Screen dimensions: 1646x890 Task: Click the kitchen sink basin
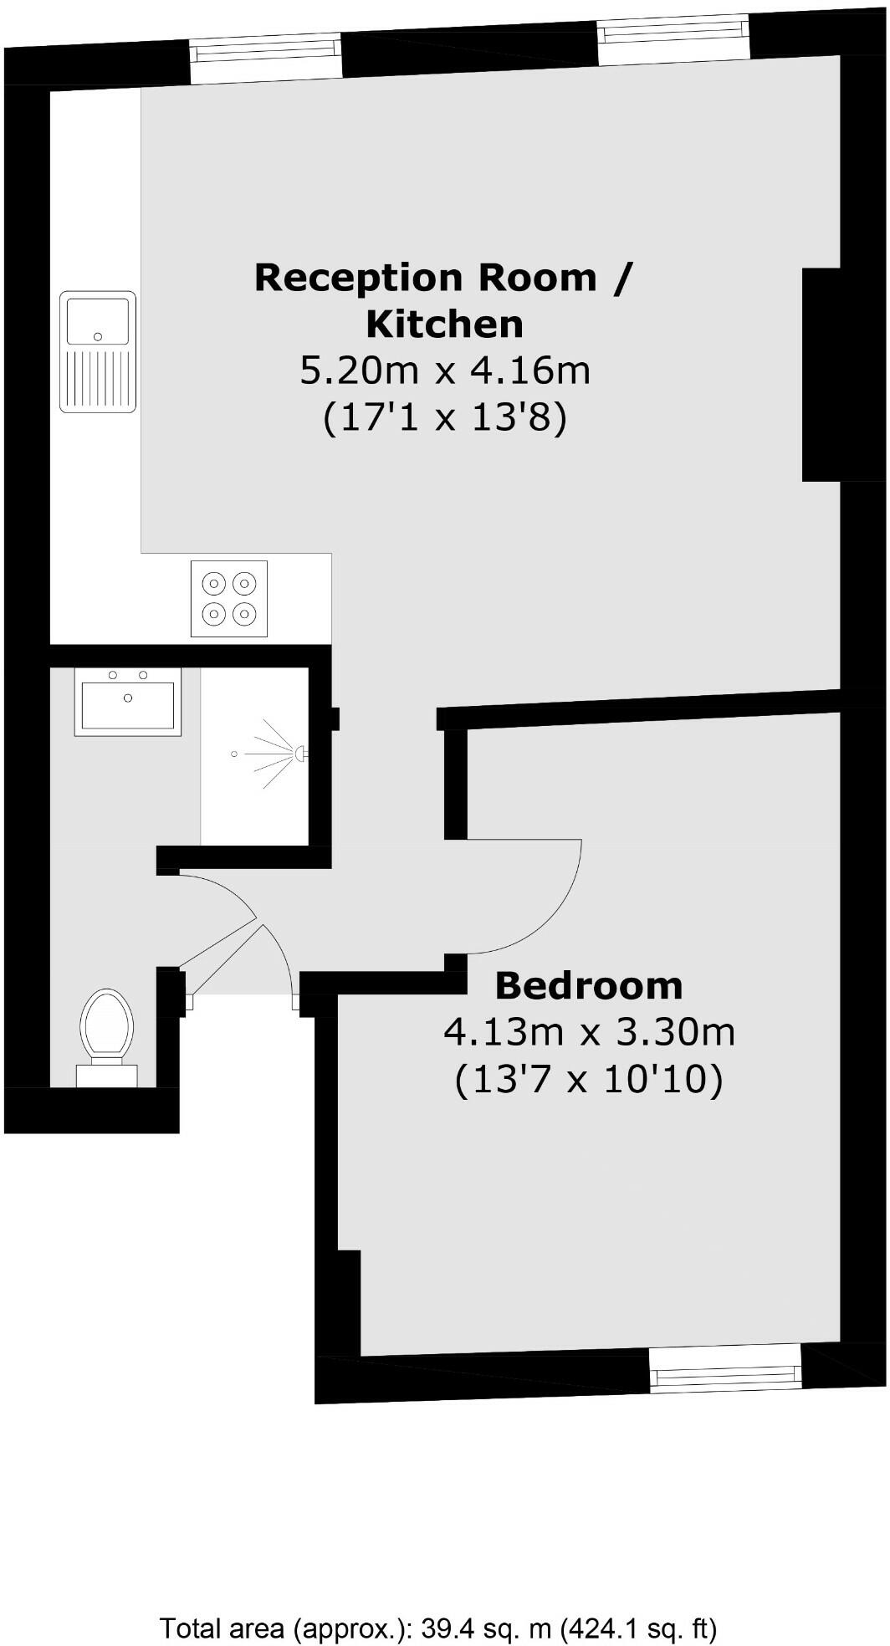pos(98,321)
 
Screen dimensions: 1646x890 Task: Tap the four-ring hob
pos(229,598)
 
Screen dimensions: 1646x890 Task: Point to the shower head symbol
pos(296,754)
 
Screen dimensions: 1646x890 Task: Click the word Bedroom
pos(589,985)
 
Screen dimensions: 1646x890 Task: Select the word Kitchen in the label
pos(445,324)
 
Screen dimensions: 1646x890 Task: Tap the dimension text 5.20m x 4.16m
pos(445,370)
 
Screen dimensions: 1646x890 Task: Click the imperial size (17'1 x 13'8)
pos(445,416)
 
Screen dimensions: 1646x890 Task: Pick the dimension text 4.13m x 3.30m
pos(589,1032)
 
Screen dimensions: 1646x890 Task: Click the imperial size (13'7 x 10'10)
pos(589,1080)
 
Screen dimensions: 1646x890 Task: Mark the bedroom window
pos(724,1374)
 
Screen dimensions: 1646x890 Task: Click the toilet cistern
pos(106,1075)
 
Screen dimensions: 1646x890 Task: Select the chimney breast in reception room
pos(821,374)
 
